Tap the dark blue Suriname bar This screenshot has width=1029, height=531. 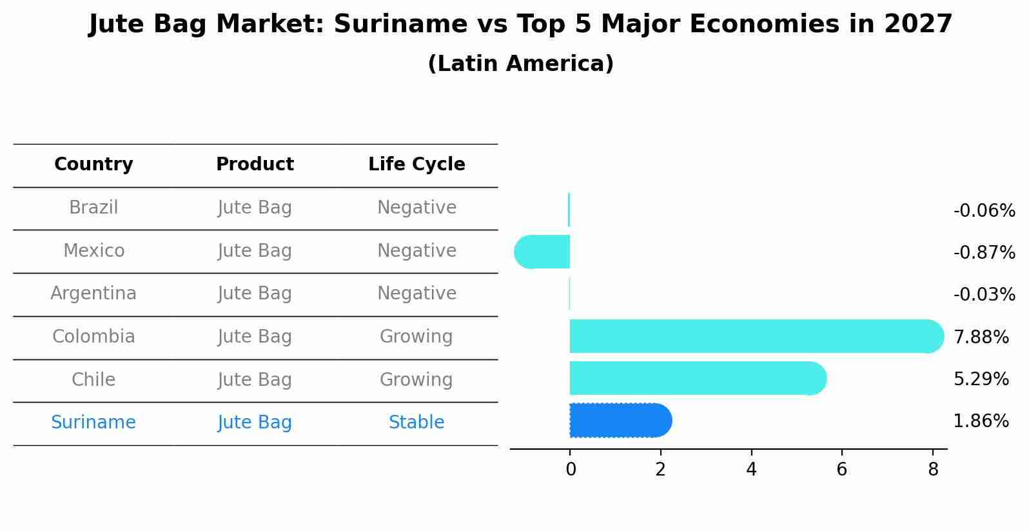click(x=619, y=421)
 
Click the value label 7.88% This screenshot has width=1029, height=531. click(x=981, y=337)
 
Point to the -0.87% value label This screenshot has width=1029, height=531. click(x=984, y=252)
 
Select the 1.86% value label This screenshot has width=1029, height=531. click(x=981, y=421)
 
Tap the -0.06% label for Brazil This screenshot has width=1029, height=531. click(x=984, y=210)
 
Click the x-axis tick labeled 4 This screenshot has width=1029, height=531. click(x=751, y=470)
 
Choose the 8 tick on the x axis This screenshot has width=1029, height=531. click(x=933, y=470)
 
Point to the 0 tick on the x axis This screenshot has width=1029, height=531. click(x=571, y=470)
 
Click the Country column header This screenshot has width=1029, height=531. click(x=93, y=165)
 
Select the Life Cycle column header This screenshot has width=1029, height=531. click(x=416, y=165)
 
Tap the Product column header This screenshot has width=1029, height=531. click(x=255, y=165)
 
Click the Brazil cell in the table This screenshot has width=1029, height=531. click(x=93, y=208)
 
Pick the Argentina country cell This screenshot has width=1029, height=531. click(x=93, y=294)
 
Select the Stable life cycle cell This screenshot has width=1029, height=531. click(x=416, y=423)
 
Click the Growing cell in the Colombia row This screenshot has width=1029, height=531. click(x=416, y=337)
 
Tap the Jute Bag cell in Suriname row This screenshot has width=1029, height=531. click(x=255, y=423)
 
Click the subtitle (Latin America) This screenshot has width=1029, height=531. click(x=520, y=64)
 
